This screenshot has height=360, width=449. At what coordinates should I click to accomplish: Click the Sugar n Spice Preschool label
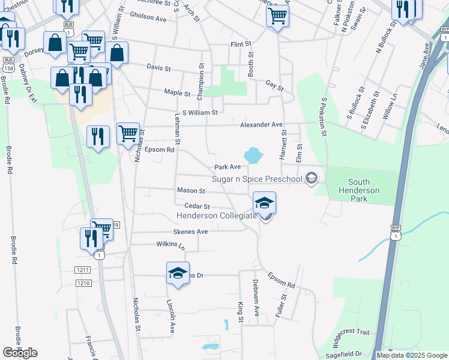(257, 179)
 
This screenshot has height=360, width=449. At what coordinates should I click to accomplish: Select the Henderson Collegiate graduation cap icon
(264, 203)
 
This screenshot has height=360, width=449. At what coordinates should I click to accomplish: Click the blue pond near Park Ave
(253, 155)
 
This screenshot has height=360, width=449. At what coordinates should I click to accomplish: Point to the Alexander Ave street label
(261, 125)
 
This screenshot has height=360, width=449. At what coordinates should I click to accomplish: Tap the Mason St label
(191, 191)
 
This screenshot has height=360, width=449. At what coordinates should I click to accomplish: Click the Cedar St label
(196, 206)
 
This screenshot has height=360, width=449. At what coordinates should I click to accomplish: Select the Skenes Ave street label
(190, 232)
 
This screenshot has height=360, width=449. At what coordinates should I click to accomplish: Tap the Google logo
(20, 353)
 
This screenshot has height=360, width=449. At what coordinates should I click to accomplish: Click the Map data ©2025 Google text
(412, 355)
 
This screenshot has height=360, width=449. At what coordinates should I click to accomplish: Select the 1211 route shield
(83, 270)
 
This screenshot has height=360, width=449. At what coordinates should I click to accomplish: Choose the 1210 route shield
(83, 283)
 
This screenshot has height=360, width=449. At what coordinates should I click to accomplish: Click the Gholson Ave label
(148, 19)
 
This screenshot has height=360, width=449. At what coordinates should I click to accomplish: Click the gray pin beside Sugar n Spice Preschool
(311, 178)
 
